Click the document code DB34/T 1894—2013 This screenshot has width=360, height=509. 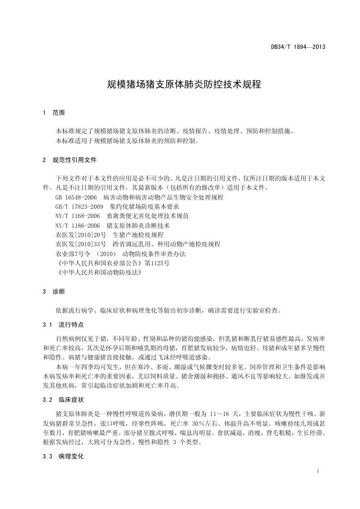pyautogui.click(x=297, y=47)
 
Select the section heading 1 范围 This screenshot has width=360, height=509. pyautogui.click(x=53, y=113)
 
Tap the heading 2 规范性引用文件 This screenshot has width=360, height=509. pyautogui.click(x=69, y=160)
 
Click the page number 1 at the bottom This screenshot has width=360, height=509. pyautogui.click(x=317, y=471)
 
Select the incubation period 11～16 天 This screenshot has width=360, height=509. pyautogui.click(x=237, y=414)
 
